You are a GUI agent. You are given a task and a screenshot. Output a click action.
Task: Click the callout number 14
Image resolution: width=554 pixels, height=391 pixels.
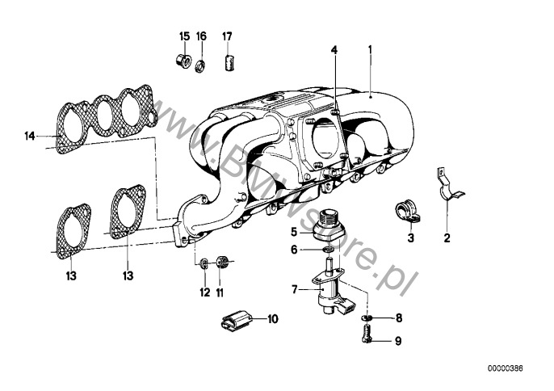coord(30,136)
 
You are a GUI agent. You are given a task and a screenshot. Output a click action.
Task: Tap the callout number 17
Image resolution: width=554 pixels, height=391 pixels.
coord(227,36)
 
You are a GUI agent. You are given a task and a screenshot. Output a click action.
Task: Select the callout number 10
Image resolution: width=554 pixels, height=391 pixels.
coord(272,319)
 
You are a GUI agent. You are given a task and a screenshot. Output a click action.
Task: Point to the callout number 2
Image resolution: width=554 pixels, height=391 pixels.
coord(447,238)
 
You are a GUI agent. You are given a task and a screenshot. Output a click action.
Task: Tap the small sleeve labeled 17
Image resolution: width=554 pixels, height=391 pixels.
coord(229,62)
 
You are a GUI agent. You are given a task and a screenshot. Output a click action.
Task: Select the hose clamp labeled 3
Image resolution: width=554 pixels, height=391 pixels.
coord(406,212)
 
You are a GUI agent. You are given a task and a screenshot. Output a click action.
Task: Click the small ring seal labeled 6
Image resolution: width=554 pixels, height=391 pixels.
coord(328,250)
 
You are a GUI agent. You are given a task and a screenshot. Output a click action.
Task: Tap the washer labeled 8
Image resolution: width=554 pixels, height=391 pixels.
coord(366,317)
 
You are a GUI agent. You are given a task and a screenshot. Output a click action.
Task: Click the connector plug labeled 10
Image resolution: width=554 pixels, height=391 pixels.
coord(235,319)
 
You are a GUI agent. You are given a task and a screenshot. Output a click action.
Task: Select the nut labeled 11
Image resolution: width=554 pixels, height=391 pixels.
coord(220,263)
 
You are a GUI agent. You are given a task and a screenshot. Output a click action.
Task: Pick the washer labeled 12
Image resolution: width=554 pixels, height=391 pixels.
coord(204,263)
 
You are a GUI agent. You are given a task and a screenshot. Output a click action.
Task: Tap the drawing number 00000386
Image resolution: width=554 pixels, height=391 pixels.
coord(506,368)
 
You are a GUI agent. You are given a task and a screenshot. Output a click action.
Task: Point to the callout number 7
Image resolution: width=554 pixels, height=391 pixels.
coord(295,290)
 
